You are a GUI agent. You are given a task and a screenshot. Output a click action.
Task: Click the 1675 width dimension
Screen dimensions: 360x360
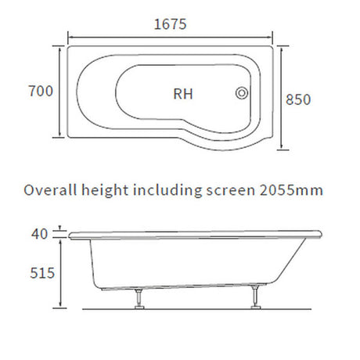click(170, 23)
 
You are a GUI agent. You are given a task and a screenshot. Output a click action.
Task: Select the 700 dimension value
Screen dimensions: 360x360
click(40, 92)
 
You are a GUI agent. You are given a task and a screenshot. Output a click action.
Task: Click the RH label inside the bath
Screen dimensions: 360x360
click(183, 93)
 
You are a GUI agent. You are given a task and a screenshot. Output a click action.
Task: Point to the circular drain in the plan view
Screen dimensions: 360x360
click(242, 93)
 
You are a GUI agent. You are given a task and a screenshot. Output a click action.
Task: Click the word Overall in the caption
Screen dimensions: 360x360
click(49, 190)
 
